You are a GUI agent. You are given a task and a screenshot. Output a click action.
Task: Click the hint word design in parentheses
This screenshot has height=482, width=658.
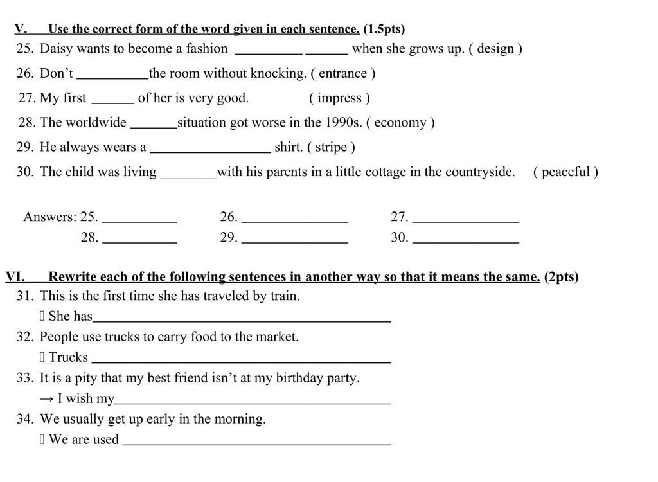(495, 49)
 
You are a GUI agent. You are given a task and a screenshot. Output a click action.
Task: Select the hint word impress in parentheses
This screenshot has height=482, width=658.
(339, 98)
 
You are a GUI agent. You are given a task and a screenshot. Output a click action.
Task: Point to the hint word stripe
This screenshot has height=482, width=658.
(331, 147)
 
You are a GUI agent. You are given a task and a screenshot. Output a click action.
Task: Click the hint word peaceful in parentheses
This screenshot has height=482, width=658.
(565, 172)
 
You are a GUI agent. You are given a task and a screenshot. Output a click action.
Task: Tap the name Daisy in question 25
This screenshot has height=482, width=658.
(57, 49)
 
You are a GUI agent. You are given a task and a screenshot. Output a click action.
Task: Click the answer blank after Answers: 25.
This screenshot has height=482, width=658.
(139, 219)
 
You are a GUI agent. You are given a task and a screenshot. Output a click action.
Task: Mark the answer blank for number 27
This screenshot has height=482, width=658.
(466, 219)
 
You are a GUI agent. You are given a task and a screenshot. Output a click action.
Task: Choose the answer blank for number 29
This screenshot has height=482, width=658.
(295, 239)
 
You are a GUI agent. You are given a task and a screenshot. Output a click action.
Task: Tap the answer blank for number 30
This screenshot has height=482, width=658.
(466, 239)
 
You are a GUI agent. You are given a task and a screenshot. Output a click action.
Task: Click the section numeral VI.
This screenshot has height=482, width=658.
(15, 277)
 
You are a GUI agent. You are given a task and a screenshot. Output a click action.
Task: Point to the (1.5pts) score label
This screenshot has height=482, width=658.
(384, 29)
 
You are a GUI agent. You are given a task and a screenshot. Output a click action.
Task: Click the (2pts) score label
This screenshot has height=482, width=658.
(561, 277)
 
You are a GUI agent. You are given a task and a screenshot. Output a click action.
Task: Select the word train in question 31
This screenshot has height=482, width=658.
(285, 296)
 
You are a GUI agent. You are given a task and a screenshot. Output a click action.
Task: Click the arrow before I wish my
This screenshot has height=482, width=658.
(47, 398)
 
